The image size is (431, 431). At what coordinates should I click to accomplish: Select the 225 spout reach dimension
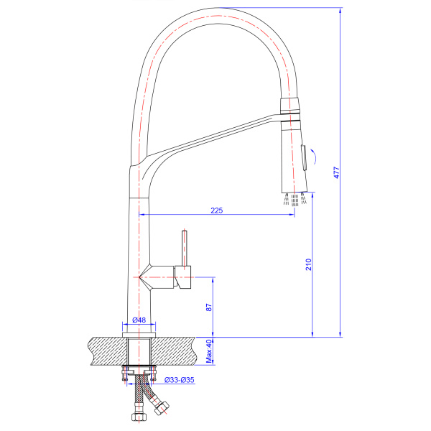click(x=216, y=210)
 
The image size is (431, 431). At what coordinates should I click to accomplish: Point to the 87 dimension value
click(x=208, y=307)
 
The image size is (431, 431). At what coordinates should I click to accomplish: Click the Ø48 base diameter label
click(x=139, y=320)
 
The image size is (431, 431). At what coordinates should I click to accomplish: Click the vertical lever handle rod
click(x=184, y=248)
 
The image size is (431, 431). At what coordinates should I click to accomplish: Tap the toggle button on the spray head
click(x=305, y=155)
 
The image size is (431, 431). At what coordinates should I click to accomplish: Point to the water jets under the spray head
click(x=295, y=199)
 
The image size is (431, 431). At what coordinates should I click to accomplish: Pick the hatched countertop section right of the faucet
click(x=180, y=351)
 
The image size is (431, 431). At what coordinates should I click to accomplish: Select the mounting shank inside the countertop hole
click(x=139, y=351)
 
